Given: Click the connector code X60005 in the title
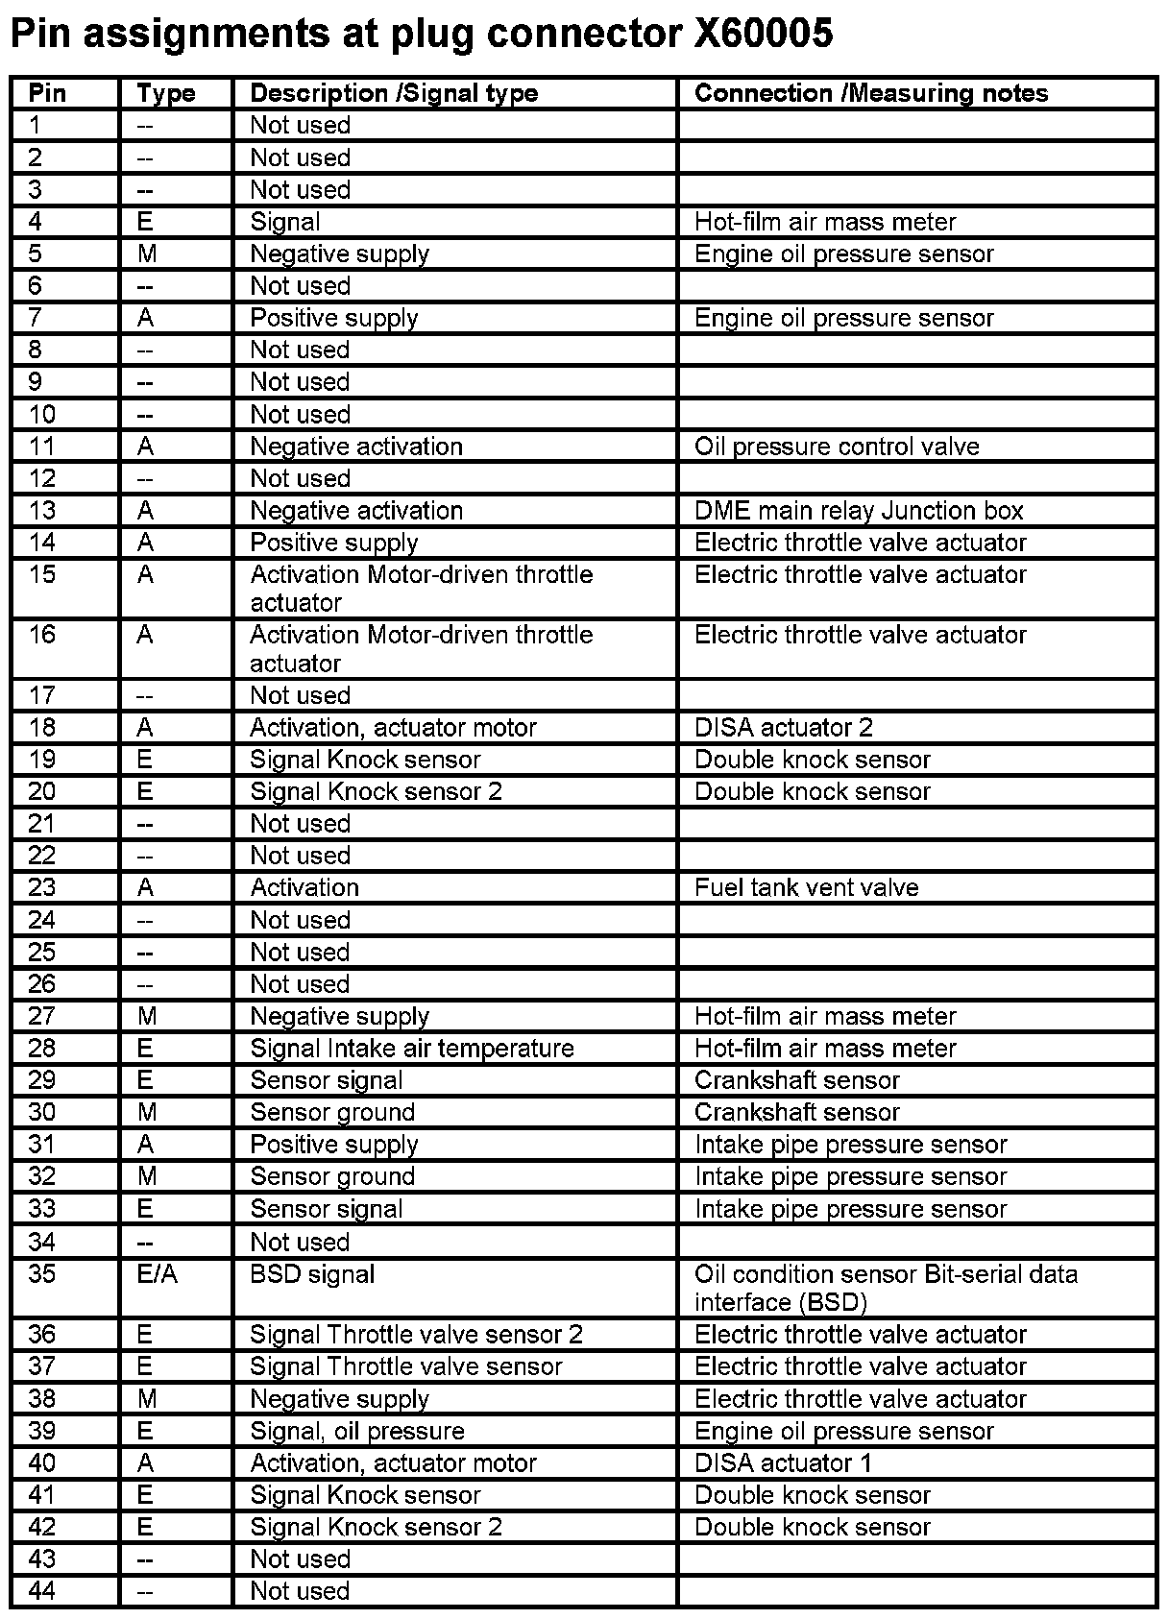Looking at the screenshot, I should click(763, 35).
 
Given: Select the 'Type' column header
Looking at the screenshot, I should click(165, 93).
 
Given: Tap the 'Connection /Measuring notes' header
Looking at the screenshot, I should click(870, 93).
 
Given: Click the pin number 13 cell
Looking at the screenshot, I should click(42, 510).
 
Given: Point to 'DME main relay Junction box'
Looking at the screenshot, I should click(859, 510).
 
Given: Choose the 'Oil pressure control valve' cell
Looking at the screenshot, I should click(836, 447).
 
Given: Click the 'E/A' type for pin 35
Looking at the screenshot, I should click(158, 1274).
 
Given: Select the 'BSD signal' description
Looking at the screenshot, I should click(312, 1274).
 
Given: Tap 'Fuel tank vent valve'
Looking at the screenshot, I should click(806, 887).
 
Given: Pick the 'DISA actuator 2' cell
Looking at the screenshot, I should click(783, 727).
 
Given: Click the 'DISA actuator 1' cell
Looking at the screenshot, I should click(783, 1462).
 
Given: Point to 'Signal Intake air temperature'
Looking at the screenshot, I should click(411, 1048).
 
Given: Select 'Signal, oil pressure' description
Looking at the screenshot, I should click(357, 1431).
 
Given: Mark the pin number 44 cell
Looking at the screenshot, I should click(42, 1590).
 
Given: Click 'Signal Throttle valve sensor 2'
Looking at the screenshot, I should click(416, 1334).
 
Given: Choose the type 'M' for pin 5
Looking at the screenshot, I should click(146, 254).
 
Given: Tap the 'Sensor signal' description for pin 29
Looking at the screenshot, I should click(326, 1080).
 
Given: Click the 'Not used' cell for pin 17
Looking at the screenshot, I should click(300, 695).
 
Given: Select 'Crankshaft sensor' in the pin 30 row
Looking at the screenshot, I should click(796, 1112).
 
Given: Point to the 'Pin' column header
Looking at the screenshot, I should click(47, 93).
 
